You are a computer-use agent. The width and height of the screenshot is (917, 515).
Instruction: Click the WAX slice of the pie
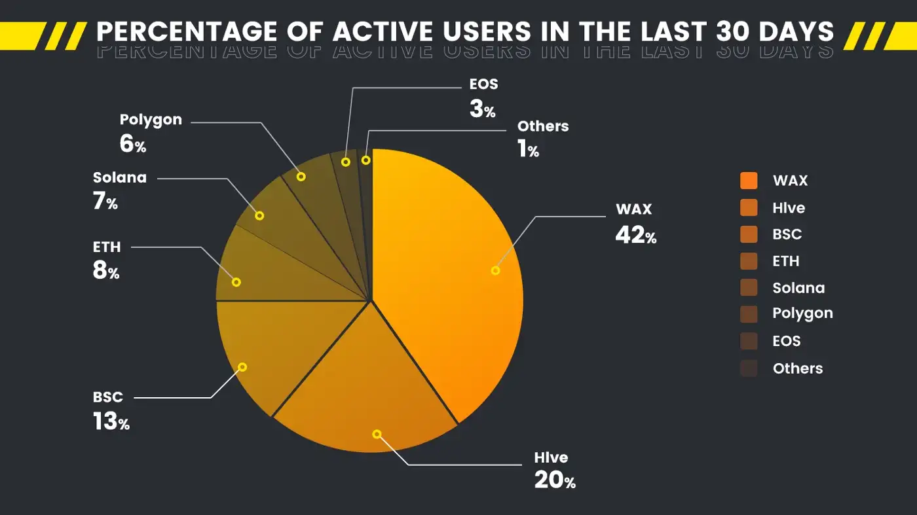click(445, 281)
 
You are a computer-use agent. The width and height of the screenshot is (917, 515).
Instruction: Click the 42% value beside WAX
click(635, 234)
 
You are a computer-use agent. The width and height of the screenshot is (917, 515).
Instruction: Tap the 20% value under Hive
click(555, 480)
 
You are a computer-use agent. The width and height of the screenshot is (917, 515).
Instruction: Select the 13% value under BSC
click(111, 421)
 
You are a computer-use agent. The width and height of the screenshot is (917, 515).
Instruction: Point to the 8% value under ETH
click(106, 270)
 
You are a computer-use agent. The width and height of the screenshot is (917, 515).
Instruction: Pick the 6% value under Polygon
click(133, 144)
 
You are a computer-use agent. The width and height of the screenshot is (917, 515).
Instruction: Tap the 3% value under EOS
click(483, 109)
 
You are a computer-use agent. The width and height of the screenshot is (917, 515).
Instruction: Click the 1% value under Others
click(528, 150)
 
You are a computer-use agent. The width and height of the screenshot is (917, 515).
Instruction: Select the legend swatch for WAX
click(749, 181)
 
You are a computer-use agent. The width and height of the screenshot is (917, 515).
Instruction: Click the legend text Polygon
click(802, 313)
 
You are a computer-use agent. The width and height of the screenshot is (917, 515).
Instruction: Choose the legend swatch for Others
click(749, 368)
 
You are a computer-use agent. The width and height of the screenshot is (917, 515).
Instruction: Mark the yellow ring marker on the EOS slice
click(345, 161)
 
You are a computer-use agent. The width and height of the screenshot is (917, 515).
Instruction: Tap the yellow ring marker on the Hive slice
click(377, 434)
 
